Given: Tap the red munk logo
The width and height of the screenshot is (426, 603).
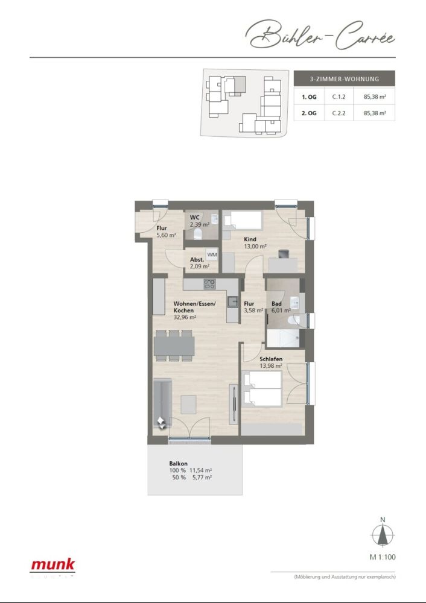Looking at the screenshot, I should (53, 565).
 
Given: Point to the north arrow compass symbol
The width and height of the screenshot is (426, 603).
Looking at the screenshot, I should (381, 535).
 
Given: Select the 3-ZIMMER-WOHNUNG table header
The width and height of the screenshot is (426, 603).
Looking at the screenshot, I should (344, 79).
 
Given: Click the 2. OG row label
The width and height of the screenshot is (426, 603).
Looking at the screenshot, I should (309, 113).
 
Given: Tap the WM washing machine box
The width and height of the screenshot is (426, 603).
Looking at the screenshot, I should (212, 254).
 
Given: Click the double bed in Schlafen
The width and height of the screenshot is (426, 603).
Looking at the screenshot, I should (262, 389).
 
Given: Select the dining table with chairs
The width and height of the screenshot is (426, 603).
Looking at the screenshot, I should (174, 346).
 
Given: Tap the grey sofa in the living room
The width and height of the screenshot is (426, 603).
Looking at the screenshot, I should (162, 401).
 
